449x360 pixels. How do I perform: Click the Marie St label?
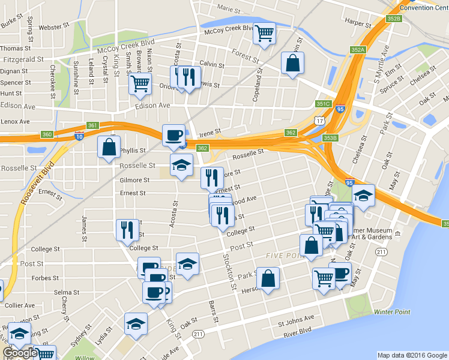[229, 9]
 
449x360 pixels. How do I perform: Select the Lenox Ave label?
[15, 121]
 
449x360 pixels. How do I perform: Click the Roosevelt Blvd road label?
[35, 180]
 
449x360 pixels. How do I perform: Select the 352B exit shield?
[393, 19]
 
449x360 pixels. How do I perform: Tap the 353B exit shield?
[331, 137]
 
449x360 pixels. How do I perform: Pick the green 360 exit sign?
[47, 134]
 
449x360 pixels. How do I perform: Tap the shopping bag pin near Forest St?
[292, 63]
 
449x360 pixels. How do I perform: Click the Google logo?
[20, 353]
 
